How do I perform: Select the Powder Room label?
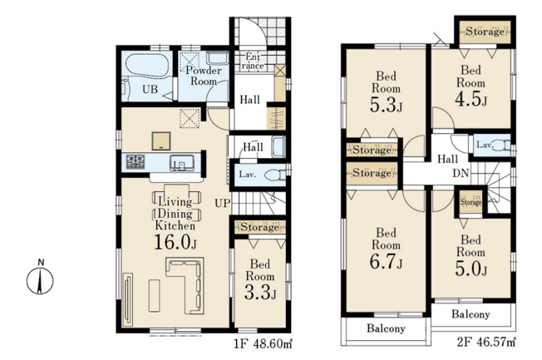[204, 76]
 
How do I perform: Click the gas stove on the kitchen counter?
[135, 162]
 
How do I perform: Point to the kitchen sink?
[182, 163]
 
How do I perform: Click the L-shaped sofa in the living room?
[185, 285]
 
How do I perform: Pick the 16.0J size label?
[175, 242]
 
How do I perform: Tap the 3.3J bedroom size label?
[260, 293]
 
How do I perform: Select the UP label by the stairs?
[222, 203]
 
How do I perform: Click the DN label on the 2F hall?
[461, 173]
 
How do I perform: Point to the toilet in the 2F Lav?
[500, 145]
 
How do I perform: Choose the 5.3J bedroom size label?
[386, 105]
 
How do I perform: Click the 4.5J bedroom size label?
[471, 99]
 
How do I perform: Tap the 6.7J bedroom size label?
[386, 261]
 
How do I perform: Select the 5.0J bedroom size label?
[471, 269]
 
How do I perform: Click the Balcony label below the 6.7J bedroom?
[386, 328]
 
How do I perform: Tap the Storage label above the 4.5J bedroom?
[485, 32]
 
